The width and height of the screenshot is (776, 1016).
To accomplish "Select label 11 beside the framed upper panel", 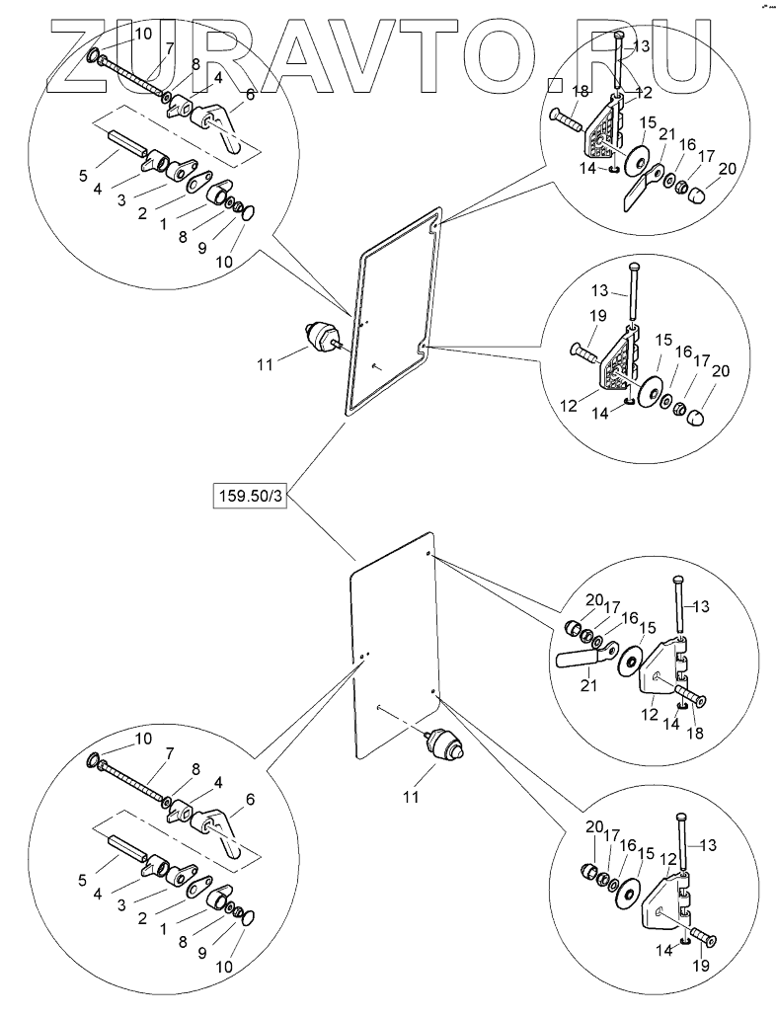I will pos(264,364).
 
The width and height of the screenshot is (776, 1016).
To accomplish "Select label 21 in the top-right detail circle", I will pos(667,134).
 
